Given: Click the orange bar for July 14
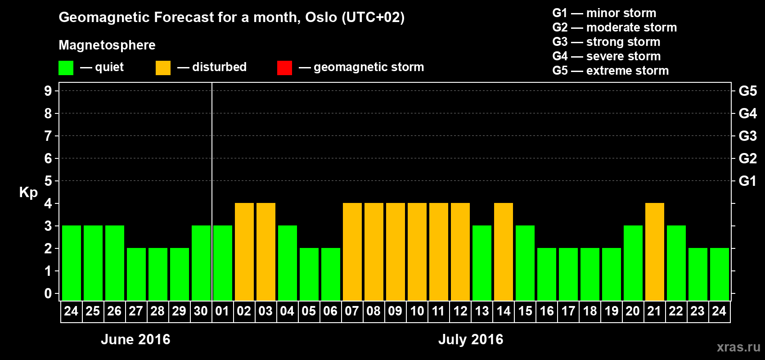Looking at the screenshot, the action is coord(504,252).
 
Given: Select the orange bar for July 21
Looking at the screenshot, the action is coord(655,252).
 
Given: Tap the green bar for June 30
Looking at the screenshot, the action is coord(201,263).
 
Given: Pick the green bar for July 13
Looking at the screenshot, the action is coord(482,263).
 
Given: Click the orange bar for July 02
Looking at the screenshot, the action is coord(244,252).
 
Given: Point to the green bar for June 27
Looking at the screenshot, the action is coord(136,274).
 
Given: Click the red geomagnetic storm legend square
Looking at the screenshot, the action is coord(285,67).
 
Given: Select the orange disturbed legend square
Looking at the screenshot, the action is coord(163,67).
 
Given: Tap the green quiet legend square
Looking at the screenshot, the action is coord(66,67).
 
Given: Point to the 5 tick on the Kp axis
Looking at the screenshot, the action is coord(48,181).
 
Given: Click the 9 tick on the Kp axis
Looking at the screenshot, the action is coord(48,91).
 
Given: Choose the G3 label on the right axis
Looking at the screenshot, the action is coord(747,136).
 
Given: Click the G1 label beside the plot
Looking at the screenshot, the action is coord(747,181).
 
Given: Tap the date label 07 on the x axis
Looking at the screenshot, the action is coord(352,311).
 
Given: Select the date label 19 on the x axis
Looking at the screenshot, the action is coord(611,311).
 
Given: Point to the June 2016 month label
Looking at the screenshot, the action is coord(135,339).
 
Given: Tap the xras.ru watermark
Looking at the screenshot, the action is coord(739,347).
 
